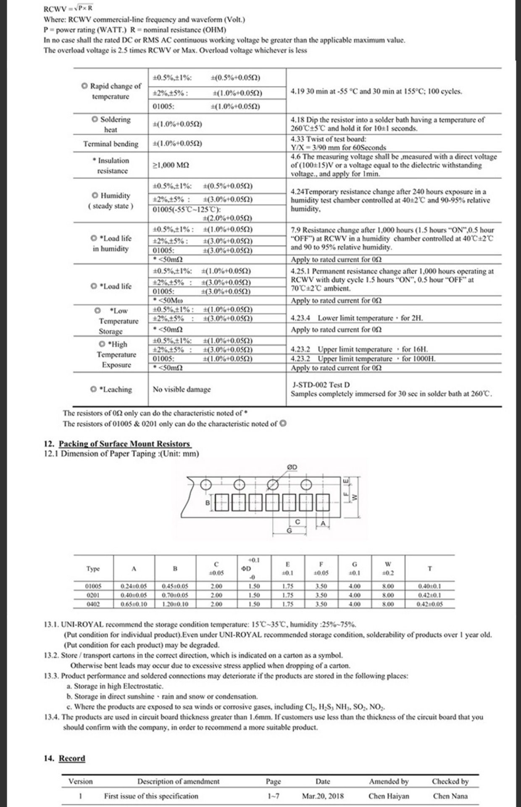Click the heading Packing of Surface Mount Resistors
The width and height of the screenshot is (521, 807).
click(x=124, y=444)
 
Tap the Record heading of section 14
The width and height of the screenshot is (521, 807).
click(x=72, y=758)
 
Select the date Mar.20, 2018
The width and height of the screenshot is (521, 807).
click(x=323, y=796)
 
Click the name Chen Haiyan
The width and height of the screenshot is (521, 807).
click(x=389, y=796)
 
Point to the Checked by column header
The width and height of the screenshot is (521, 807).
click(x=450, y=781)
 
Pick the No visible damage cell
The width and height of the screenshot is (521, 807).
click(x=182, y=390)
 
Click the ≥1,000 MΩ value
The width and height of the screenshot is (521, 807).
click(x=171, y=166)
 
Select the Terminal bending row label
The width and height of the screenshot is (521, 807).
click(x=111, y=144)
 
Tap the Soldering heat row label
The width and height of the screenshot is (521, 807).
click(x=111, y=124)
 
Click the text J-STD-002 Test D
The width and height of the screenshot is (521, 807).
click(x=321, y=385)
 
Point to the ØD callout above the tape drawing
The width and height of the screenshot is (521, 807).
click(x=292, y=467)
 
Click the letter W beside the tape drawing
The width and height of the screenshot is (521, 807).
click(x=354, y=498)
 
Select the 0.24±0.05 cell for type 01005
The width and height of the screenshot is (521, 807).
click(x=134, y=586)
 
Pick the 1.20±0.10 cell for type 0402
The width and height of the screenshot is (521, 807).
click(x=175, y=604)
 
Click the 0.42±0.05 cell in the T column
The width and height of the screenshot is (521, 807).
click(x=429, y=604)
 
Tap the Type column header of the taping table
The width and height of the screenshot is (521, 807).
click(x=93, y=569)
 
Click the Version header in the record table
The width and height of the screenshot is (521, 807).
click(x=81, y=781)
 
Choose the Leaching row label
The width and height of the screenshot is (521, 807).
click(x=111, y=390)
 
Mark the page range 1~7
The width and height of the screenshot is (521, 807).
click(x=273, y=796)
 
